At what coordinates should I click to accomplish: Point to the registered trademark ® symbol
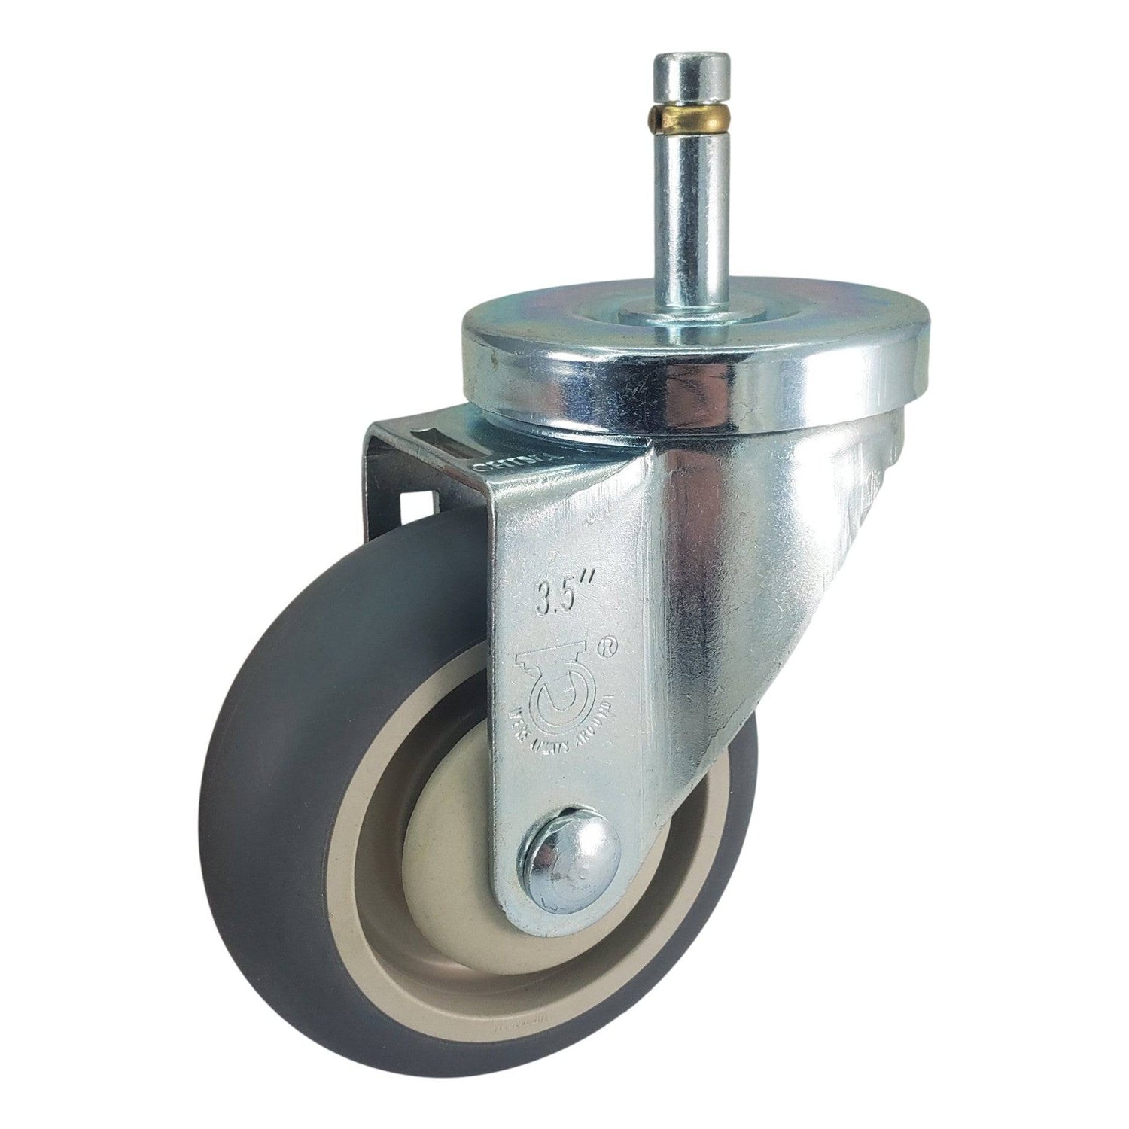tap(602, 644)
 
